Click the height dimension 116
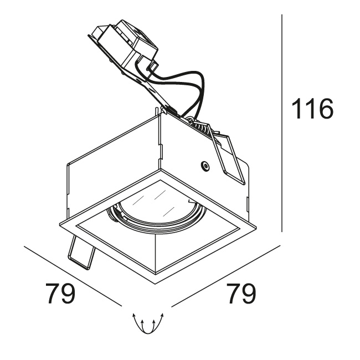tap(312, 109)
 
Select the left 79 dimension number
tap(60, 293)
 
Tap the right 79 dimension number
tap(241, 293)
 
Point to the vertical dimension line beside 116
tap(282, 123)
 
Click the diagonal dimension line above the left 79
tap(73, 276)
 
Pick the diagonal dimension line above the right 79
tap(226, 276)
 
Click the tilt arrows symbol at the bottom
tap(148, 323)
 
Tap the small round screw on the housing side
tap(204, 165)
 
